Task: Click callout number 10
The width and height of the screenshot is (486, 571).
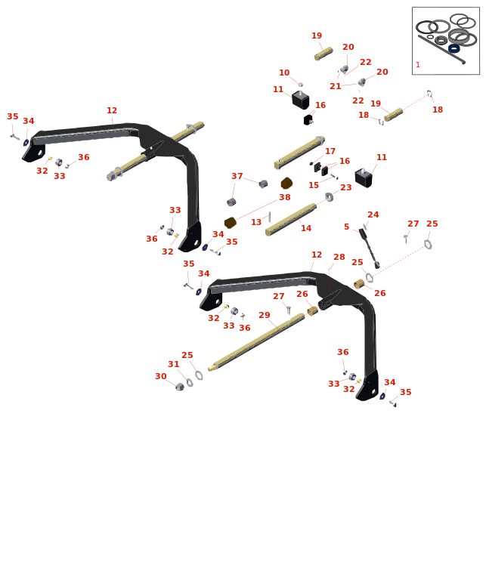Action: coord(284,73)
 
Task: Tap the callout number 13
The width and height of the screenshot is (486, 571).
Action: coord(256,223)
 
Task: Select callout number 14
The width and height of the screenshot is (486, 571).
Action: coord(306,229)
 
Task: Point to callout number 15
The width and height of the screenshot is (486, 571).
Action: coord(314,186)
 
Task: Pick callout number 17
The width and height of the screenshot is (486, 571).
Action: coord(330,152)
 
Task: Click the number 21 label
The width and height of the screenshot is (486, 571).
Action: coord(336,87)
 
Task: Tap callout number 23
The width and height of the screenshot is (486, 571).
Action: coord(346,188)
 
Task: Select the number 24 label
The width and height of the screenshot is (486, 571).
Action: coord(373,215)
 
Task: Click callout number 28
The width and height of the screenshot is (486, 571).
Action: coord(339,258)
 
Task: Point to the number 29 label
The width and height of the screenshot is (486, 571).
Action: coord(265,316)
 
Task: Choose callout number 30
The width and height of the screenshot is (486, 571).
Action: coord(161,377)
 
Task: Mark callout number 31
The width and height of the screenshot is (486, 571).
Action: coord(174,365)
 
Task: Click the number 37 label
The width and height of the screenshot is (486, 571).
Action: coord(237,177)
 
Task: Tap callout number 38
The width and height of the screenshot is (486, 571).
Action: coord(285,198)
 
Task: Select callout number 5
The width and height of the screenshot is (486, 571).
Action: coord(347,227)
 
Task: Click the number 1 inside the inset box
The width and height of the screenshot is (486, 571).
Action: coord(418,65)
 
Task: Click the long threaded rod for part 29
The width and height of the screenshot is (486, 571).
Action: coord(257,341)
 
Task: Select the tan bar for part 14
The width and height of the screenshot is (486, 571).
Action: coord(291,219)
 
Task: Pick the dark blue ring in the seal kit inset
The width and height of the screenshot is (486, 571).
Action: coord(454,48)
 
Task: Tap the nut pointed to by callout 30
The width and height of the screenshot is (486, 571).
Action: coord(180,387)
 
